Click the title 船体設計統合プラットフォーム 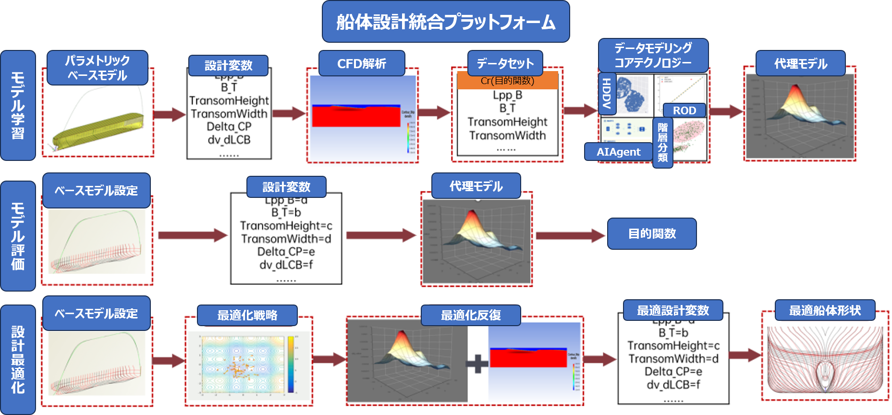point(446,22)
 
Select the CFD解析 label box point(362,63)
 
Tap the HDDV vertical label point(607,93)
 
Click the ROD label point(684,110)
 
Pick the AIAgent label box point(618,152)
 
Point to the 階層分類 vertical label point(662,143)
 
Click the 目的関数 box point(652,233)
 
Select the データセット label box point(505,63)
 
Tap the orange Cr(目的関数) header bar point(507,81)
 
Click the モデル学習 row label point(18,105)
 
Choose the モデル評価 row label point(18,236)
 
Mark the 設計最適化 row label point(18,359)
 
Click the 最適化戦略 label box point(247,315)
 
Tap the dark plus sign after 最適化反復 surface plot point(477,364)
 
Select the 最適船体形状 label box point(825,310)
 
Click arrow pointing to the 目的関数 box point(570,235)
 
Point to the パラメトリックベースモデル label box point(97,68)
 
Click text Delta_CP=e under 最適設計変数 point(673,372)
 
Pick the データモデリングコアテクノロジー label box point(653,55)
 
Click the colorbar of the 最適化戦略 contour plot point(291,364)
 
